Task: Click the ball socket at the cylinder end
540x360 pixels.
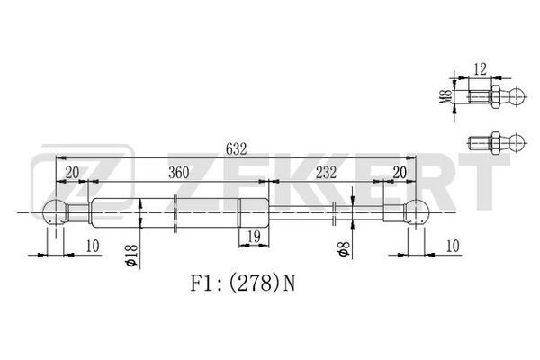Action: [57, 214]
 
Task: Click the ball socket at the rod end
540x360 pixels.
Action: [415, 214]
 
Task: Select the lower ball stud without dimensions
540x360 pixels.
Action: [495, 140]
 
